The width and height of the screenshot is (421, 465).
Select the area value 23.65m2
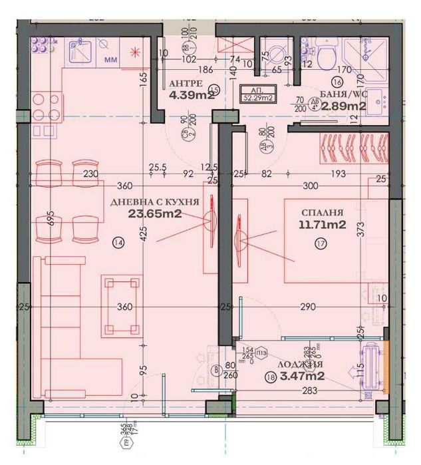click(x=154, y=214)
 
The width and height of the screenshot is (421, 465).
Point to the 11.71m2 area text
click(x=321, y=225)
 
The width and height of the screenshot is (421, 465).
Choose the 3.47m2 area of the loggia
click(x=302, y=377)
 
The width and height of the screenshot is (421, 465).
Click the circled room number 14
click(x=118, y=243)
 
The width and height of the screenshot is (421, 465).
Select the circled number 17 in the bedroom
click(x=321, y=244)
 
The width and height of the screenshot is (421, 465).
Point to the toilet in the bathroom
click(x=327, y=57)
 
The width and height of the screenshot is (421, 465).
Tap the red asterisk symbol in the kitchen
click(x=136, y=51)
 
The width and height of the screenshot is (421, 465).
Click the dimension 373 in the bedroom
click(x=380, y=230)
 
